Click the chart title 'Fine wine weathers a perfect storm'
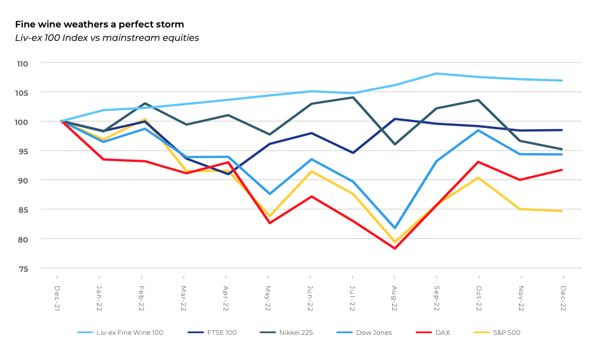click(99, 25)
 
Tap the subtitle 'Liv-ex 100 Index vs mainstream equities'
click(107, 38)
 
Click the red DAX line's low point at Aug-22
click(395, 248)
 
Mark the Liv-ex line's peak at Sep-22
click(437, 74)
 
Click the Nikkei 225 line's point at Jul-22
click(352, 97)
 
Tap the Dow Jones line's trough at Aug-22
click(395, 228)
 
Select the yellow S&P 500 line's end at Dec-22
click(562, 211)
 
